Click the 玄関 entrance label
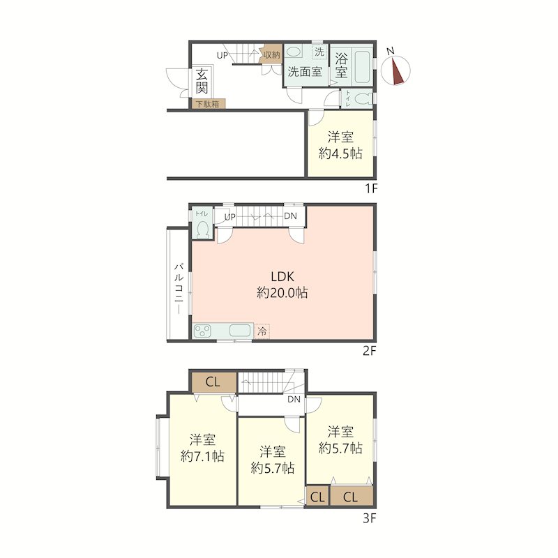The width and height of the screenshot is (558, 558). (202, 80)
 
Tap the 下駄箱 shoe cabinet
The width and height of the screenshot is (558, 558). (209, 103)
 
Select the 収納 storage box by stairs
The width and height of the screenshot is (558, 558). (271, 54)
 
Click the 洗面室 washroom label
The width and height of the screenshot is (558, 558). (305, 72)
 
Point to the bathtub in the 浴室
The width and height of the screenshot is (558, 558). (363, 67)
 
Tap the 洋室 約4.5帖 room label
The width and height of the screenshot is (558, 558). (340, 145)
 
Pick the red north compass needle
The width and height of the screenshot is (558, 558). (397, 72)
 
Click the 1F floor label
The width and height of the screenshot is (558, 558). (371, 188)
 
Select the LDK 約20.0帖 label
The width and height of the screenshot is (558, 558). (282, 285)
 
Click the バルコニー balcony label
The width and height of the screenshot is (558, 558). (179, 289)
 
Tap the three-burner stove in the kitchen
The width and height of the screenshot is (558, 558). (202, 331)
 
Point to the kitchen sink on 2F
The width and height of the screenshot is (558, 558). (240, 331)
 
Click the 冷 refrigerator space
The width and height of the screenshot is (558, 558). (262, 332)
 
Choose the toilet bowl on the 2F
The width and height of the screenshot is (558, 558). (202, 229)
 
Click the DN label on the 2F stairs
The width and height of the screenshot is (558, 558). (290, 216)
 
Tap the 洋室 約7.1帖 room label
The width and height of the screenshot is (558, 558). (202, 448)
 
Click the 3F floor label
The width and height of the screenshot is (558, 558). (370, 518)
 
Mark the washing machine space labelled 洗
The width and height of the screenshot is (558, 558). (319, 52)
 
